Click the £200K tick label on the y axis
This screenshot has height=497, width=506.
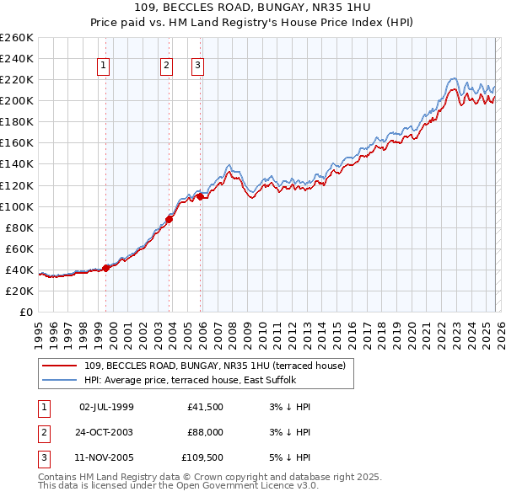tap(16, 100)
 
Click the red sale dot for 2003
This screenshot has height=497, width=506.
tap(170, 219)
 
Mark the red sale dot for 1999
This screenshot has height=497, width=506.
tap(105, 268)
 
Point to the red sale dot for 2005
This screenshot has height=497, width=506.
tap(201, 196)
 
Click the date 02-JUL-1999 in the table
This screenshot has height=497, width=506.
tap(106, 407)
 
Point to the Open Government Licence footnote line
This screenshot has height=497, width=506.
tap(178, 486)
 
